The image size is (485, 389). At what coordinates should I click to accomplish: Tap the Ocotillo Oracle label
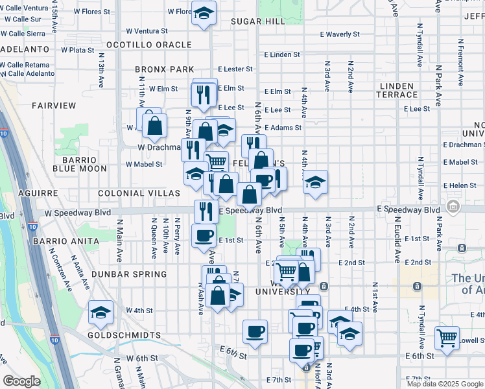tap(149, 45)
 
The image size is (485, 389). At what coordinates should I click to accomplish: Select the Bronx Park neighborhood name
tap(165, 69)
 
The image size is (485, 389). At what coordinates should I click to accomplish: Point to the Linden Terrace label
tap(397, 90)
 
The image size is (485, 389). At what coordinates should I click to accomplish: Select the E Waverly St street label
tap(340, 34)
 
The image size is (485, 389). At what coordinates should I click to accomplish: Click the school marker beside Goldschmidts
tap(101, 314)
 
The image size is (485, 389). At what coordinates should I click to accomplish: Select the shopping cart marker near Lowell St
tap(447, 337)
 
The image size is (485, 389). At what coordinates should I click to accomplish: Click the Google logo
tap(21, 381)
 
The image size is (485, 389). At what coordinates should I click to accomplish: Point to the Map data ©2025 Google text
tap(444, 384)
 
